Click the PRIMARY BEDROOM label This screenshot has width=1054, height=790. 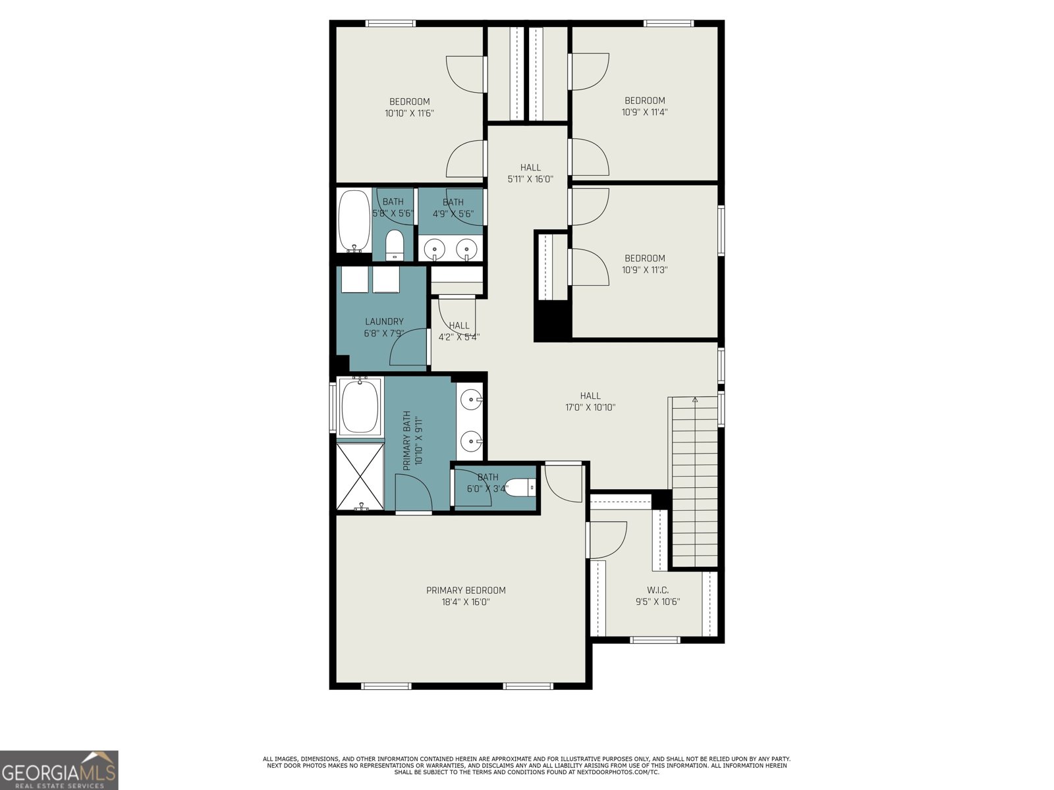[466, 591]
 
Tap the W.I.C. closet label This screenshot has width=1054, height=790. [657, 591]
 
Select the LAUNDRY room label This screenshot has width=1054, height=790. [384, 321]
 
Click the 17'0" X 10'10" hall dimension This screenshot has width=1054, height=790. [590, 408]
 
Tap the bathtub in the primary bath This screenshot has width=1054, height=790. [360, 406]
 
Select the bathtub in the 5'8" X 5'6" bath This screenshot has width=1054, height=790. [354, 221]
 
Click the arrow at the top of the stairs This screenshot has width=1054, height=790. [694, 399]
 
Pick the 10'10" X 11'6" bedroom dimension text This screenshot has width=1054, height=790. [409, 113]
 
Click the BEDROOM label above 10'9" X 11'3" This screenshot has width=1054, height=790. [645, 258]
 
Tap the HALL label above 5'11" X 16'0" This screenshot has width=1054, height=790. [530, 167]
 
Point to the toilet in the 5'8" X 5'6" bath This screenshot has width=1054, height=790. [395, 245]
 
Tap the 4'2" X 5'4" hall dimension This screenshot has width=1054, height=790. [459, 337]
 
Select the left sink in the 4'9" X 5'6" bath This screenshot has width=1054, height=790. [434, 250]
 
